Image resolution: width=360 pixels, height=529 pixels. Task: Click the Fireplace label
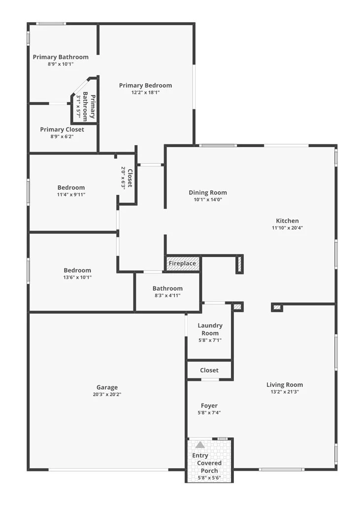[182, 263]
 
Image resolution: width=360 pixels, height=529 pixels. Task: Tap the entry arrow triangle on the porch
[200, 445]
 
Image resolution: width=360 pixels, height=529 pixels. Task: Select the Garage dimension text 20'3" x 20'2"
[107, 394]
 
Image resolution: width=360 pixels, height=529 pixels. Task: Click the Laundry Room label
[210, 329]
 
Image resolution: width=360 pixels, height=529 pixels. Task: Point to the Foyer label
[209, 405]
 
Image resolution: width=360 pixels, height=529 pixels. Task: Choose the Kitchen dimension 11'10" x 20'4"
[288, 228]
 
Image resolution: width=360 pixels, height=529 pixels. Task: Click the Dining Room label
[208, 192]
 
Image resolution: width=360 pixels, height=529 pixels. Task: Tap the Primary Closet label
[62, 129]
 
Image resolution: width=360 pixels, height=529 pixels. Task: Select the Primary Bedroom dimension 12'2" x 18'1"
[146, 93]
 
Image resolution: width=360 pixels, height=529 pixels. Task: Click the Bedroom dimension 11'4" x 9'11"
[71, 195]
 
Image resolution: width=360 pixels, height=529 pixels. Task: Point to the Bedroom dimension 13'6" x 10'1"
[77, 278]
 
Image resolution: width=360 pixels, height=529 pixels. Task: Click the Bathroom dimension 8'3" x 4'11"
[167, 296]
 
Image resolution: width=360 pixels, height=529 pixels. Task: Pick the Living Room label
[285, 385]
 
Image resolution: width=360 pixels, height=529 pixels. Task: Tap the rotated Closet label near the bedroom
[130, 178]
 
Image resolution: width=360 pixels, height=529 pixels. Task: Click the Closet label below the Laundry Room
[209, 370]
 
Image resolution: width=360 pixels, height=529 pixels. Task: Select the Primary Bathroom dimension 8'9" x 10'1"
[61, 64]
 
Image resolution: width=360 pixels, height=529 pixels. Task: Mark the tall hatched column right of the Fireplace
[239, 264]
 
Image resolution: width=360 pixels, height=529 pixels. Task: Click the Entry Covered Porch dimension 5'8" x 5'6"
[209, 478]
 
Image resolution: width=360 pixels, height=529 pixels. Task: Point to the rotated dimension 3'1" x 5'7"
[78, 106]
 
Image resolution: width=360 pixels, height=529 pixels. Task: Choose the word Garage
[107, 388]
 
